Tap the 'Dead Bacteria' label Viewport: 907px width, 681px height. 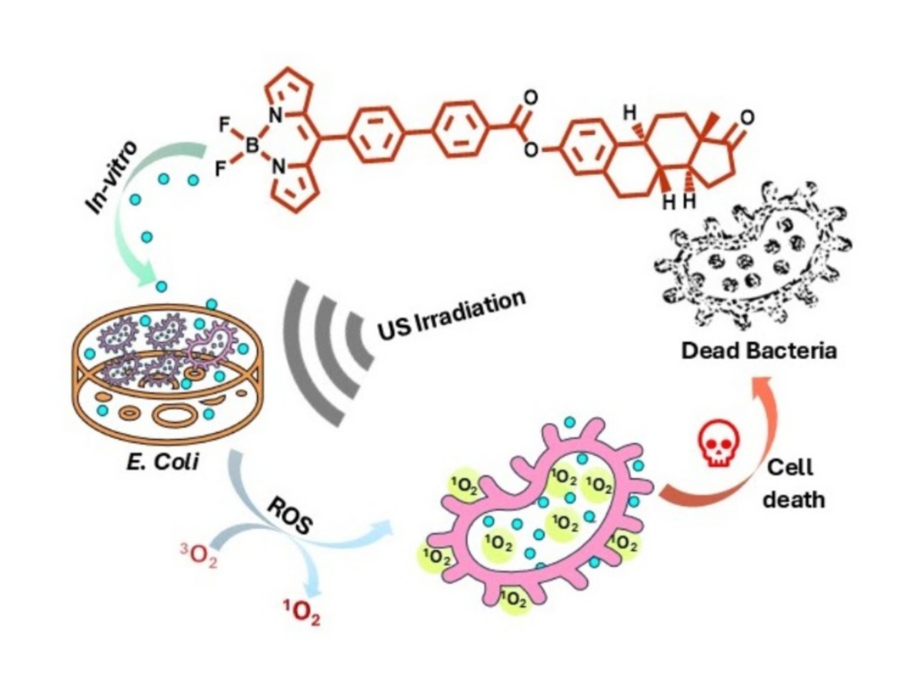coord(759,351)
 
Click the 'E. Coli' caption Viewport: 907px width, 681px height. coord(162,463)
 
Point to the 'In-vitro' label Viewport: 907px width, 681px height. coord(113,178)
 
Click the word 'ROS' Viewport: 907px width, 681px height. coord(289,516)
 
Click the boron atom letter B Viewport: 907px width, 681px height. coord(253,146)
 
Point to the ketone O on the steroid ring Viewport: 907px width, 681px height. coord(746,118)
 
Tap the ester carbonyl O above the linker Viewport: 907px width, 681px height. coord(530,98)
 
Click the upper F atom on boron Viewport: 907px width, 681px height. coord(225,124)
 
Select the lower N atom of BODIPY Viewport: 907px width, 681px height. coord(278,166)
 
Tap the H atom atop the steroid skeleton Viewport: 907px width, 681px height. coord(630,114)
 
